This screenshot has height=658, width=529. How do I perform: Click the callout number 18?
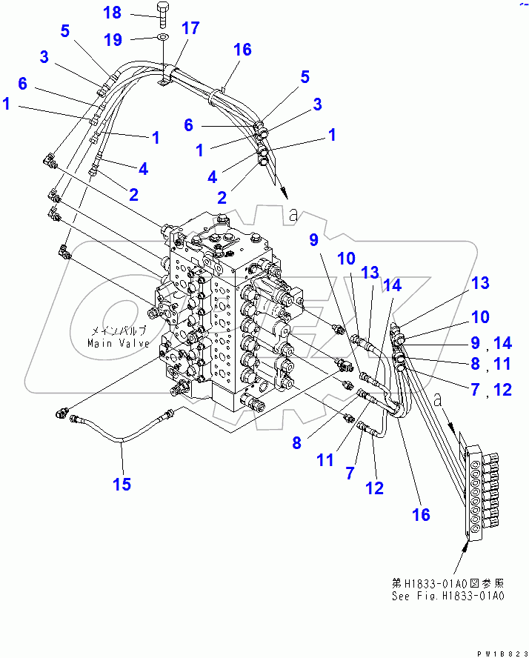tap(112, 13)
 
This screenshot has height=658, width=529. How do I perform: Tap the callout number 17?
tap(190, 29)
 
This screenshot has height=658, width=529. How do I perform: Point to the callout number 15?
tap(122, 484)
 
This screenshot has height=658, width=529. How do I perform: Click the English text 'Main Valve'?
tap(117, 343)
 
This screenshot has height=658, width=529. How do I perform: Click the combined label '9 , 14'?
tap(491, 343)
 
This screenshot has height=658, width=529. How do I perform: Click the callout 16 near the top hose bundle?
tap(242, 50)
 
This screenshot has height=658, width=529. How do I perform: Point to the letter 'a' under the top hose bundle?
tap(293, 214)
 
